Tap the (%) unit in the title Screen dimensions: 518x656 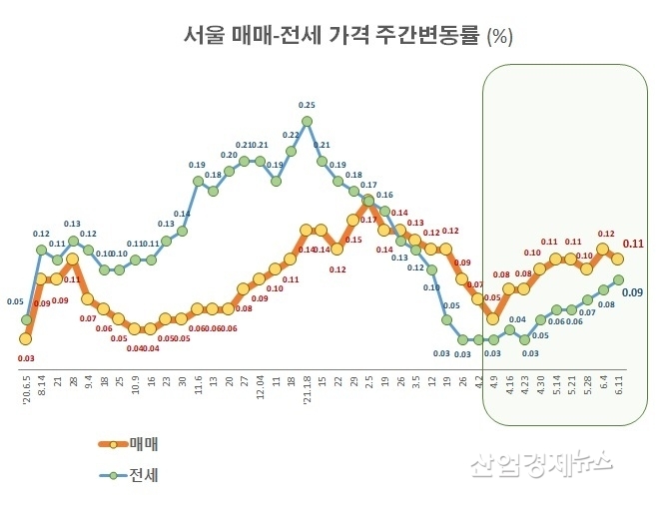click(x=498, y=37)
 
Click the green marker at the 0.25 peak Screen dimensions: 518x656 click(x=307, y=122)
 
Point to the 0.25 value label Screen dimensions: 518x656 click(x=307, y=105)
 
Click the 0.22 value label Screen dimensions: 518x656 click(x=292, y=135)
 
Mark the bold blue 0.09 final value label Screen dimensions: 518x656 click(x=632, y=291)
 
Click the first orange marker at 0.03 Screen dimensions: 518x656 click(x=27, y=338)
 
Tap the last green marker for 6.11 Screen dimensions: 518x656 click(x=618, y=279)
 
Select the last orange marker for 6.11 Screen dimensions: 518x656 click(x=618, y=259)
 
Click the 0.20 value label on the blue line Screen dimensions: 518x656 click(x=229, y=155)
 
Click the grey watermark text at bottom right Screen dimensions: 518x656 click(x=554, y=462)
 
